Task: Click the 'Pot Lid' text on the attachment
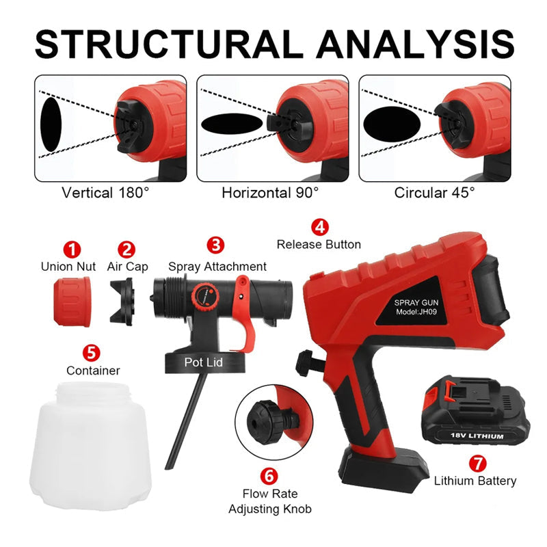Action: (204, 362)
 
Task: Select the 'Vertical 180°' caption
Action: (104, 192)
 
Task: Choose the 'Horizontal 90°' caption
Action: (270, 192)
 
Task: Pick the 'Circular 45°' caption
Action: (434, 192)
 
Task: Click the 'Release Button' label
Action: (318, 244)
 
